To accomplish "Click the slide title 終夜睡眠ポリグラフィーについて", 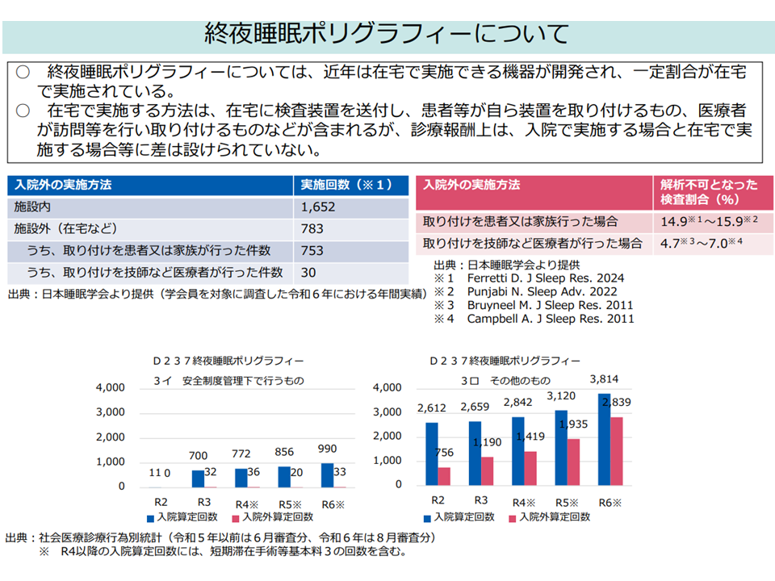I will tap(387, 33).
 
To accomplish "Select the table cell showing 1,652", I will tap(318, 207).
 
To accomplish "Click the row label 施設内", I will tap(32, 207).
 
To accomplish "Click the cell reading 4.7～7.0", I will tap(702, 243).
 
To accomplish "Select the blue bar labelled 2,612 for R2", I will tap(432, 454).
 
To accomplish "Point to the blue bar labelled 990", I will tap(327, 475).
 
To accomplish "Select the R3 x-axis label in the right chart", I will tap(480, 500).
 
